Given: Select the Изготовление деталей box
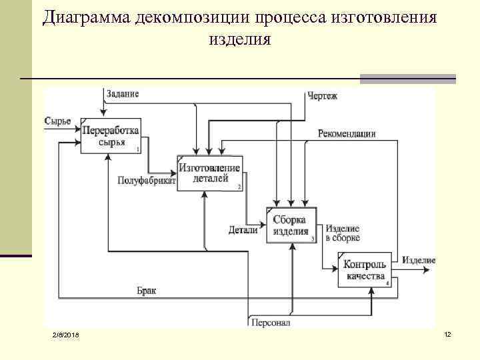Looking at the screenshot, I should click(209, 172).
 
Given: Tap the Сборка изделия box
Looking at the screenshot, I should click(291, 225).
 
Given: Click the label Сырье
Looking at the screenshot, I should click(57, 121).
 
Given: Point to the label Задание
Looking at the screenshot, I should click(123, 93).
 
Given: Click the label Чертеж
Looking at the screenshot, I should click(323, 96).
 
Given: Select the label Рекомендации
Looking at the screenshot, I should click(347, 133).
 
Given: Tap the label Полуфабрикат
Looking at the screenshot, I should click(146, 180).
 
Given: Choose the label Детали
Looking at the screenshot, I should click(243, 230).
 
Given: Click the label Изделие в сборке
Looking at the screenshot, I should click(343, 233).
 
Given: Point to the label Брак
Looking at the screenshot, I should click(147, 291).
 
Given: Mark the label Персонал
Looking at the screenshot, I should click(271, 323).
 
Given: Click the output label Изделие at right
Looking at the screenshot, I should click(419, 260).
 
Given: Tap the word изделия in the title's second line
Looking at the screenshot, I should click(240, 39).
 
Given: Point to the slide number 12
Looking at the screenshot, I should click(448, 333).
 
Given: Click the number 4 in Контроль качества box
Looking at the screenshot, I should click(388, 283).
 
